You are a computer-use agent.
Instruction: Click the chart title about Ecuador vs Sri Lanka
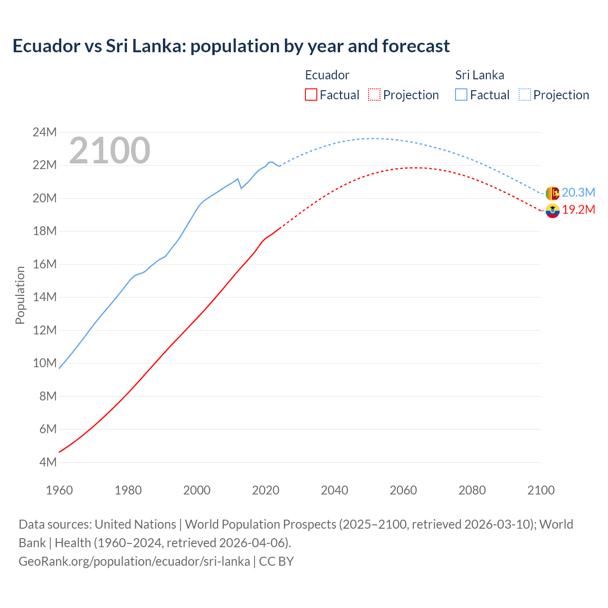pos(231,46)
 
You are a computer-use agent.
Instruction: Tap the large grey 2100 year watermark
pos(110,151)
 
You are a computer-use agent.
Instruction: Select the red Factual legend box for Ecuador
pos(311,95)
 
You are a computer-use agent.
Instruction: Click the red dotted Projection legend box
pos(374,95)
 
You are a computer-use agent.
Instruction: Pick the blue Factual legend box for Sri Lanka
pos(461,95)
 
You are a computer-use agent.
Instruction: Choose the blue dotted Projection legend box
pos(524,95)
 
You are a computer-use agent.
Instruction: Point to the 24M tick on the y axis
pos(45,132)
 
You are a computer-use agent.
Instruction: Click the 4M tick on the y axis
pos(47,462)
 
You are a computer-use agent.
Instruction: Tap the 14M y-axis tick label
pos(45,297)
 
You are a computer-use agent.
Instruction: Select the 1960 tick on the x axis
pos(59,490)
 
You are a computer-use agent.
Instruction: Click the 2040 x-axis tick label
pos(334,490)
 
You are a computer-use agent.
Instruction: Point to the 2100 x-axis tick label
pos(541,490)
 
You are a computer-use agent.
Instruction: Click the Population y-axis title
pos(20,295)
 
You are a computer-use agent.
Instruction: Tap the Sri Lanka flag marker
pos(552,193)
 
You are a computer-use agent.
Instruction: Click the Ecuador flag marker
pos(552,210)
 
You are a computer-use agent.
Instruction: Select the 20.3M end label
pos(578,192)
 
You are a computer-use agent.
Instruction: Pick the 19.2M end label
pos(578,210)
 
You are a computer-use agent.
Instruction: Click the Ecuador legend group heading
pos(327,75)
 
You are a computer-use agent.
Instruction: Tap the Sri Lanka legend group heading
pos(479,75)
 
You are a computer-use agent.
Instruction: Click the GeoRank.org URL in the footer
pos(134,561)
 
